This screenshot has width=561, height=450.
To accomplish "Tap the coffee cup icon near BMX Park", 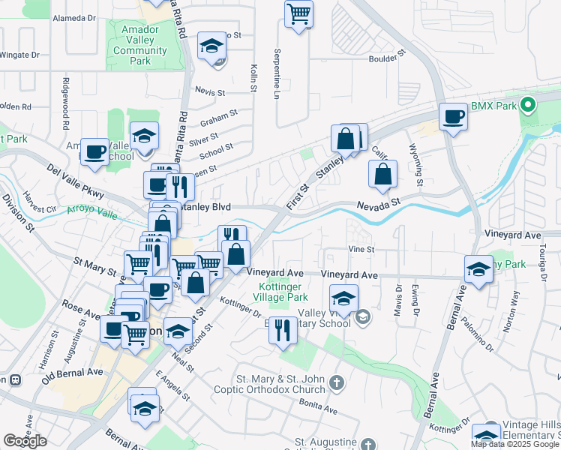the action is pos(453,116).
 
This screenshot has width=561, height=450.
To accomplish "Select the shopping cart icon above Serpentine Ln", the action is pos(298,13).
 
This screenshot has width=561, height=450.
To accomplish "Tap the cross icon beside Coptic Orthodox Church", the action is pos(337,383).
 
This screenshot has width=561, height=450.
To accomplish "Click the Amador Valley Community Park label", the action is pos(140,45).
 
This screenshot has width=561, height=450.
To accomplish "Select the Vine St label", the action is pos(360,249).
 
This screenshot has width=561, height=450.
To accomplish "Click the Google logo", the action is pos(25,441).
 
